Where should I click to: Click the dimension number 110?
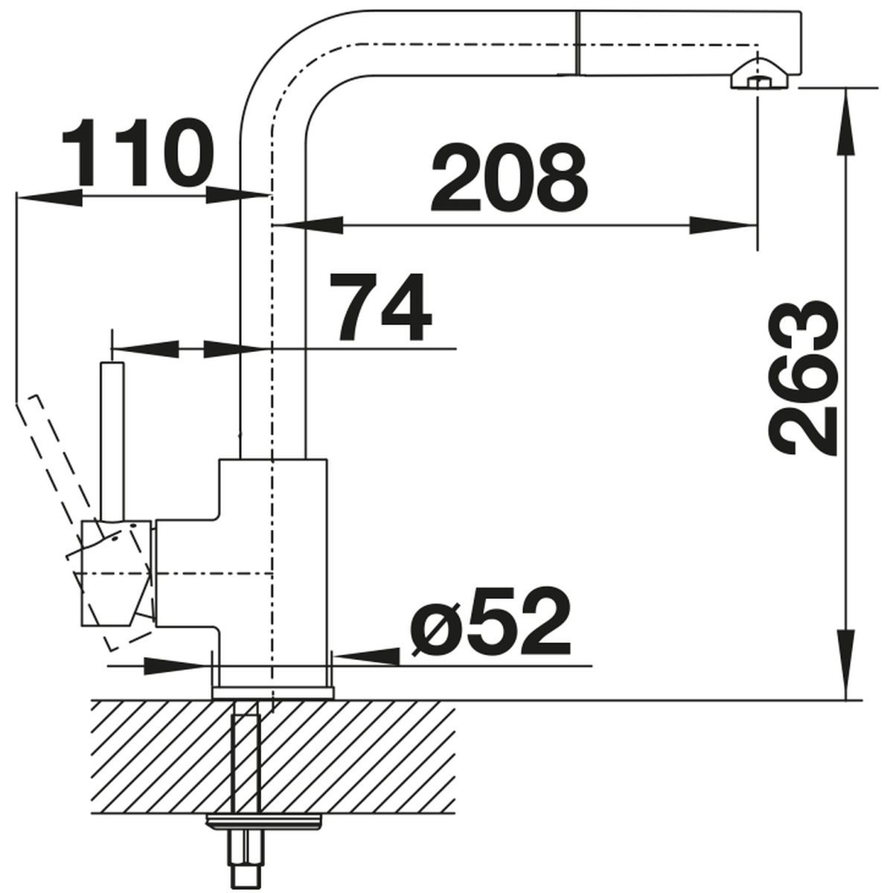[x=138, y=153]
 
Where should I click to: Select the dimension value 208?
[x=509, y=177]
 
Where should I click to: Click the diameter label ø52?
[x=490, y=621]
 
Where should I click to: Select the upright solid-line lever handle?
[x=112, y=441]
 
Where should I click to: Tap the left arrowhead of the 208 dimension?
[x=308, y=225]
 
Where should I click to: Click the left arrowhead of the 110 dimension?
[x=49, y=196]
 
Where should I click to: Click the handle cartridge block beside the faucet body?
[x=116, y=573]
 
